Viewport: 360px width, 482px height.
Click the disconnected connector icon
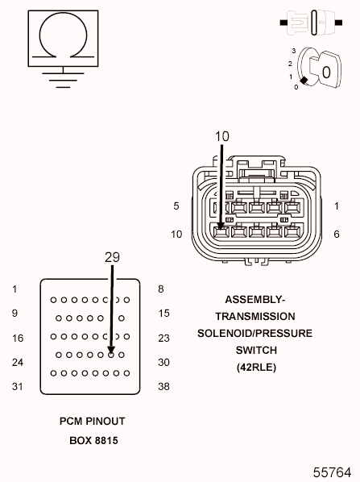[311, 23]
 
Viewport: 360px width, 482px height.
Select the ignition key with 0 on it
[326, 69]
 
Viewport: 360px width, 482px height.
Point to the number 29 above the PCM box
[112, 257]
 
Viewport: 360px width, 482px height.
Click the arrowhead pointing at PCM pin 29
[111, 350]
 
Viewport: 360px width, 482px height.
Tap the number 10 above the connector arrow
[221, 136]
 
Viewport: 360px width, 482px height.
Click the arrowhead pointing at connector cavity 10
[221, 226]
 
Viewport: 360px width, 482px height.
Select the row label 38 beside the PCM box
[163, 386]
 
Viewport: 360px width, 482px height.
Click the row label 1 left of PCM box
[14, 289]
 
